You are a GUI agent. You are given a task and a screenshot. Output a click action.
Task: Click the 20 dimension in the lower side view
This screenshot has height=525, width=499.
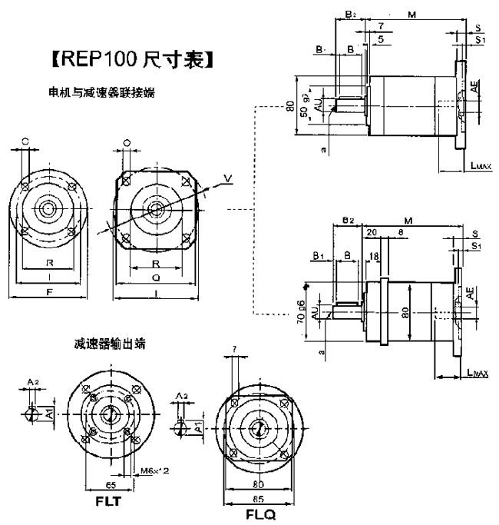[x=372, y=232]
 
